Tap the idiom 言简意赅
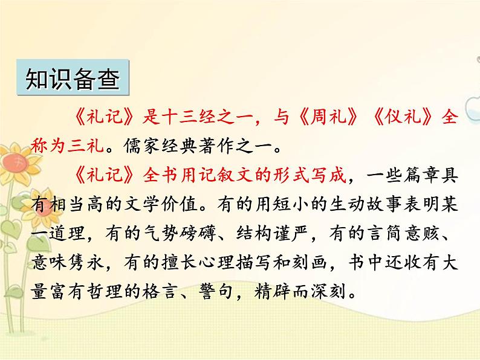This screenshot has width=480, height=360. click(x=417, y=234)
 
